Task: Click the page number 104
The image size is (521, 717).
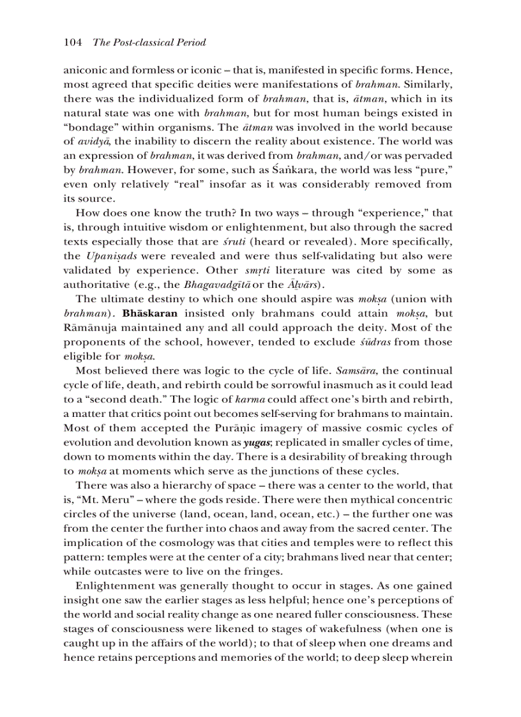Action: click(73, 43)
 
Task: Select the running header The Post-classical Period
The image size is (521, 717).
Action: click(149, 43)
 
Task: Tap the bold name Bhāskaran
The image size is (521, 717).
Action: click(150, 313)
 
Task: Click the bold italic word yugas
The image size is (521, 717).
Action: click(253, 442)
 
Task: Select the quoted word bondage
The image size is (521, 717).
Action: click(86, 127)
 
